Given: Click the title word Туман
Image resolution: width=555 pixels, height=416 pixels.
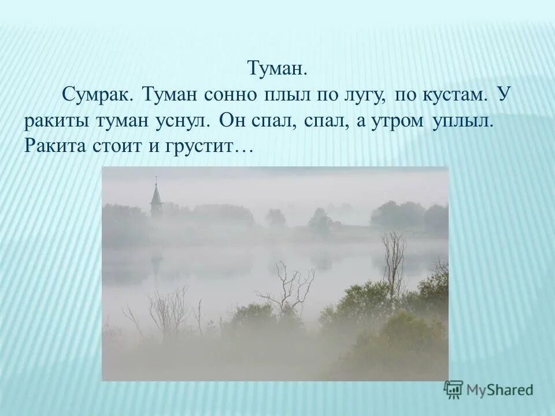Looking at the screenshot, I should click(x=276, y=69).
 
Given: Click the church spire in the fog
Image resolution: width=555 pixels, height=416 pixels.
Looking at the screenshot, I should click(x=156, y=199).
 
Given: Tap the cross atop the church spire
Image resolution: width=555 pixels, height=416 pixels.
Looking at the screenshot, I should click(x=156, y=180).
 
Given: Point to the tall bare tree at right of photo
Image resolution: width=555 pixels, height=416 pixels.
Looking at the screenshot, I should click(x=394, y=260).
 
